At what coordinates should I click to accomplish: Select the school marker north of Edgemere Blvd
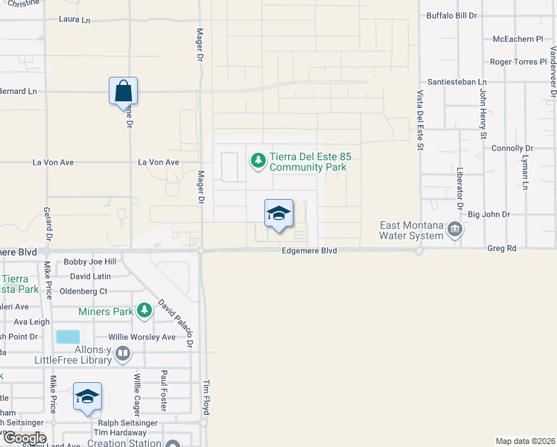pos(278,213)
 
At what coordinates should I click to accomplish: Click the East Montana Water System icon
pos(453,233)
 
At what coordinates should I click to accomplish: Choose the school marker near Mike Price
pos(87,397)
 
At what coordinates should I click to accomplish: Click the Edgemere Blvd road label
pos(309,251)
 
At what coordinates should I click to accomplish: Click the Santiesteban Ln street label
pos(456,82)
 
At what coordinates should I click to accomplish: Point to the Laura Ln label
pos(74,19)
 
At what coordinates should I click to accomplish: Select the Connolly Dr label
pos(509,149)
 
